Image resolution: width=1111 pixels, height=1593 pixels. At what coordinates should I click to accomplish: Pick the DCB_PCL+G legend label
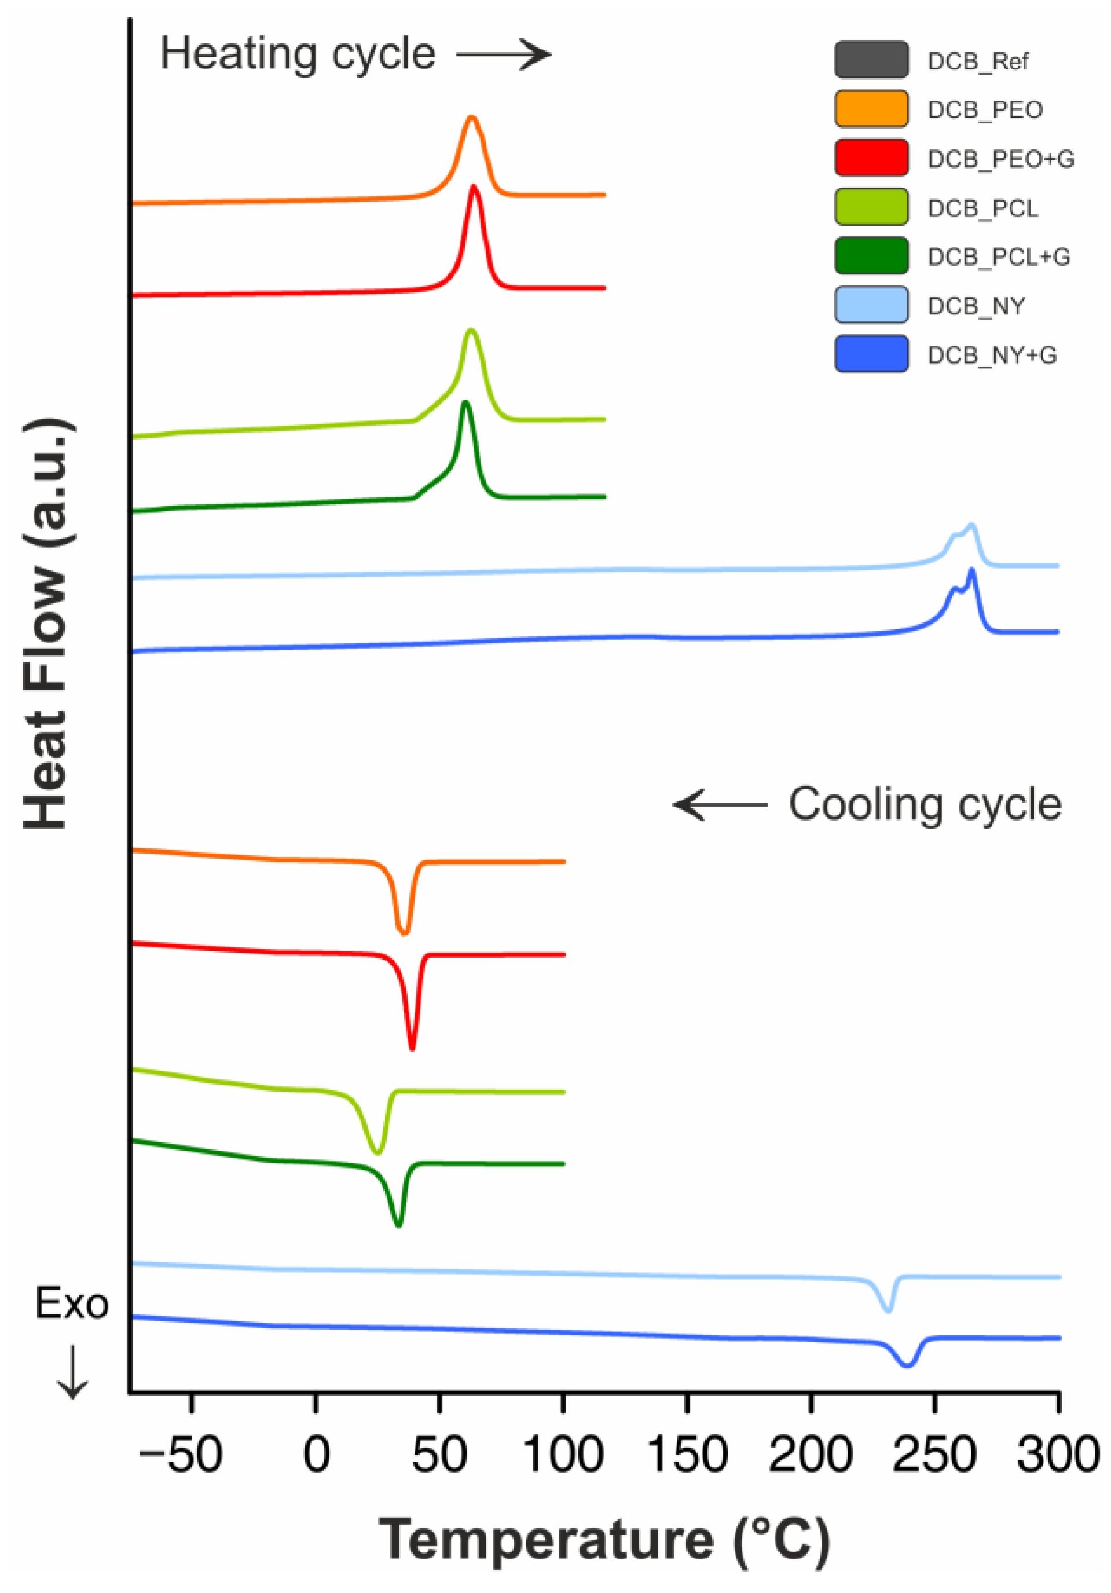[x=998, y=257]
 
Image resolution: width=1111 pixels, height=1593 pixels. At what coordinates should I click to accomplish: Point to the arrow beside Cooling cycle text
[x=720, y=805]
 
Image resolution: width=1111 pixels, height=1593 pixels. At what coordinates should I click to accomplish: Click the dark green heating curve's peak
[x=465, y=403]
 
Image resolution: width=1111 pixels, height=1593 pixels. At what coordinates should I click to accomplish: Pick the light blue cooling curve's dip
[x=888, y=1309]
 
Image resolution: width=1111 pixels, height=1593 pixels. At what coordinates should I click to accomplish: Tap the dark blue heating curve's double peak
[x=970, y=573]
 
